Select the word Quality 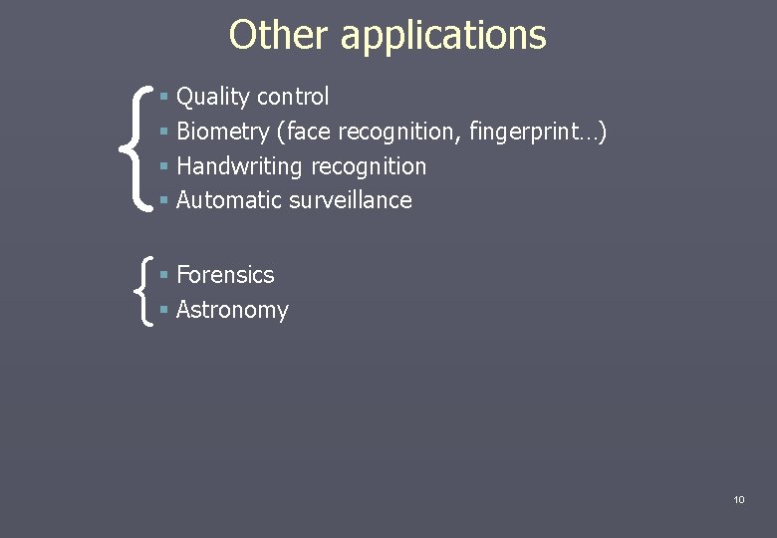coord(213,98)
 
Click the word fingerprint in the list coord(539,132)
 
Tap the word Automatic coord(229,200)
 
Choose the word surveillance coord(351,200)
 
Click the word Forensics coord(225,275)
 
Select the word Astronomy coord(232,310)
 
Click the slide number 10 coord(738,499)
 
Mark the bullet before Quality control coord(163,98)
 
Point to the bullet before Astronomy coord(163,311)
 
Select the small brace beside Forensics coord(142,292)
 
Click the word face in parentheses coord(309,132)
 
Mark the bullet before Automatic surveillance coord(163,201)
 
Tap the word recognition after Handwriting coord(369,166)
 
